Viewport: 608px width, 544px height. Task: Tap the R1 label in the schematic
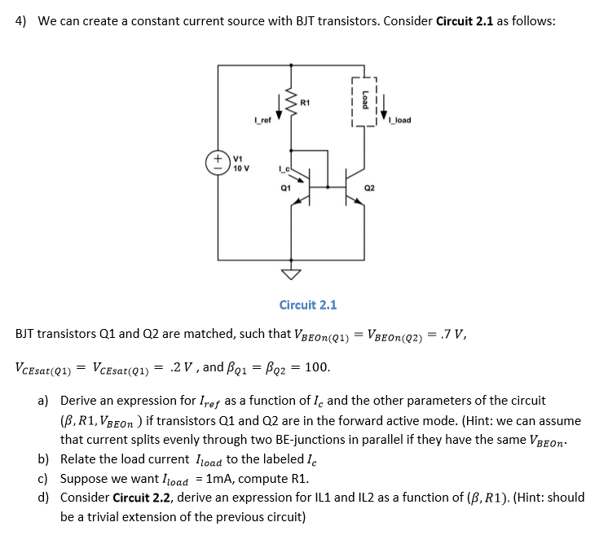click(x=304, y=103)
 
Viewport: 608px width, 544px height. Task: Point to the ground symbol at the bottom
click(x=290, y=272)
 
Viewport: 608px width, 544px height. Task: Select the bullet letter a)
click(x=42, y=401)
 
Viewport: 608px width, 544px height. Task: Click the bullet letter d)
click(x=42, y=497)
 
